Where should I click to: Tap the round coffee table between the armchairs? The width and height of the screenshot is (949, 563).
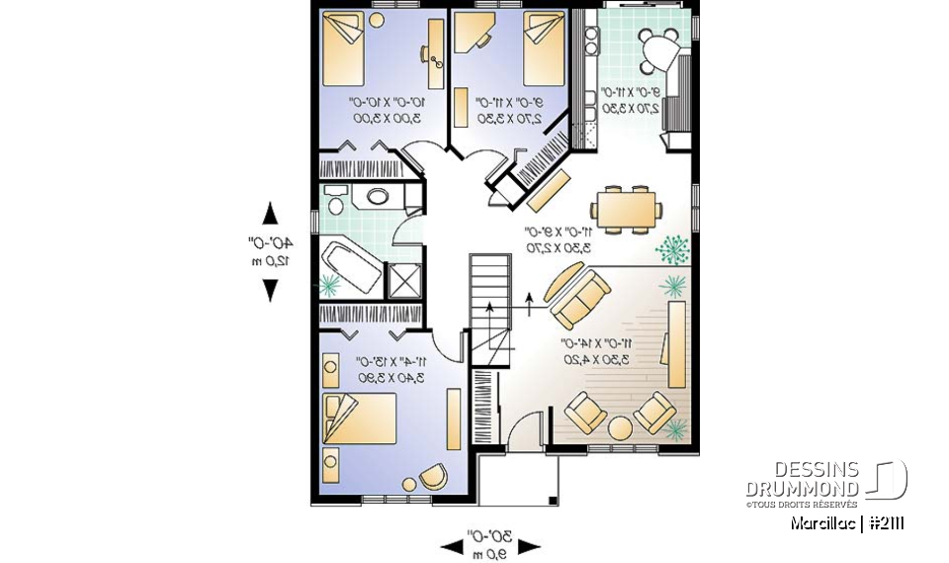click(x=619, y=427)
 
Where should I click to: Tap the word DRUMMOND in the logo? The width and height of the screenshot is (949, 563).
click(x=802, y=489)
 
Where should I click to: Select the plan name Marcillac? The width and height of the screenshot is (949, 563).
click(x=822, y=523)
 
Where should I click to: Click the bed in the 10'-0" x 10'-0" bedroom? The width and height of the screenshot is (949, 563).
click(x=344, y=49)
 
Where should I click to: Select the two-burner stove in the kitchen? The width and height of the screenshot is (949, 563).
click(x=592, y=42)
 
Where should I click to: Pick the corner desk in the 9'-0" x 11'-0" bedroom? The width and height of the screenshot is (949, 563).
click(x=473, y=34)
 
